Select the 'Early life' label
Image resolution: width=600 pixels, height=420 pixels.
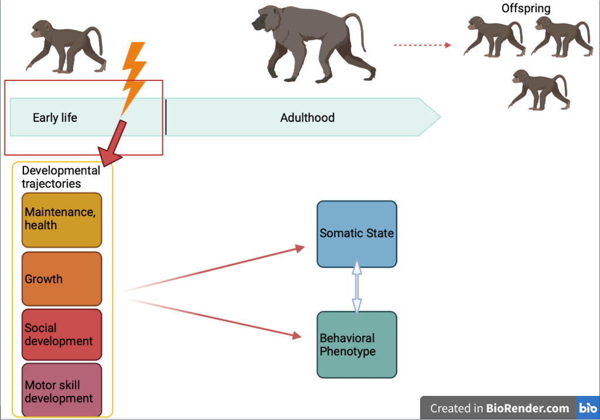(55, 118)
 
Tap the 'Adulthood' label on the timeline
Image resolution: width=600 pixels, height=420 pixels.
(307, 118)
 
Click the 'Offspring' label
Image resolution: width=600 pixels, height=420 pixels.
(526, 8)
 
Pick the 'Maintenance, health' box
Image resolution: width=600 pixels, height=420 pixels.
(62, 219)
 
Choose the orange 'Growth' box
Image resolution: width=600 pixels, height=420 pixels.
(62, 279)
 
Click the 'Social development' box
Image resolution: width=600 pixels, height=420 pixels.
(62, 334)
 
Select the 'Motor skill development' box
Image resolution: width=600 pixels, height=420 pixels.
(62, 391)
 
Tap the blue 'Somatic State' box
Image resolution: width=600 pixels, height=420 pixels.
(357, 233)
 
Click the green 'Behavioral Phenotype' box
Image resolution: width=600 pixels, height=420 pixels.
(357, 345)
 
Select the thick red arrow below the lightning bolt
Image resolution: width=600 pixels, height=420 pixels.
(113, 144)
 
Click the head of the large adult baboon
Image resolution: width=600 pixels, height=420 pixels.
(264, 22)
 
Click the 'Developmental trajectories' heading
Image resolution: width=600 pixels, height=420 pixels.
(60, 177)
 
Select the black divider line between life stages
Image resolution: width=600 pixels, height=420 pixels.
(166, 117)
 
